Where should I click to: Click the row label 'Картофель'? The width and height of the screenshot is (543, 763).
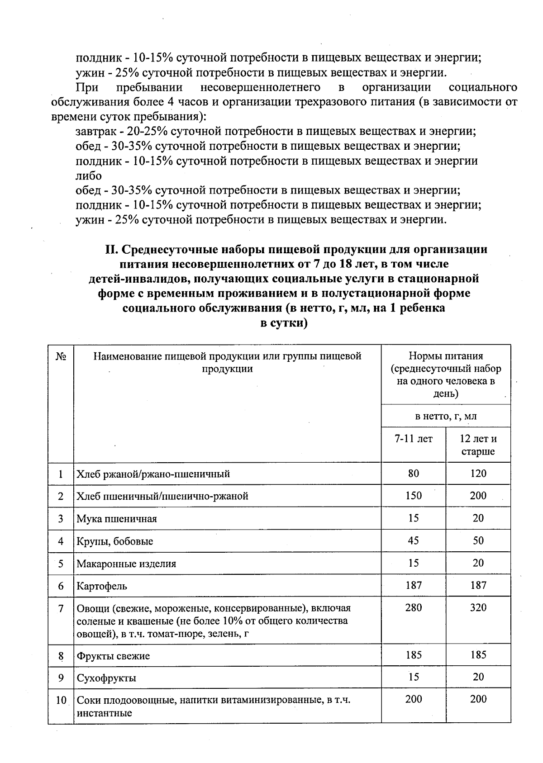102,586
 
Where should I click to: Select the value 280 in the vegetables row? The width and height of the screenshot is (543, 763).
414,607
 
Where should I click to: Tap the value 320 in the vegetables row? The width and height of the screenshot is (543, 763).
478,607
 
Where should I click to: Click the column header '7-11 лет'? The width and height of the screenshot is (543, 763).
414,439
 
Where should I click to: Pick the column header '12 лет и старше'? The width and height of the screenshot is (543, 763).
478,445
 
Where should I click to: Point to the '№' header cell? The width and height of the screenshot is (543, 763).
61,356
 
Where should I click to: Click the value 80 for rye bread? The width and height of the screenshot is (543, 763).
414,474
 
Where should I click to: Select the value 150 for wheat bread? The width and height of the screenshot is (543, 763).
414,496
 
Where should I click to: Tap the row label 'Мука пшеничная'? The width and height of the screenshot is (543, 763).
117,519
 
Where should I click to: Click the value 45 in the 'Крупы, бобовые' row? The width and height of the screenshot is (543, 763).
414,540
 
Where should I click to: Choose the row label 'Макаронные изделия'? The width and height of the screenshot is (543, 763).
126,564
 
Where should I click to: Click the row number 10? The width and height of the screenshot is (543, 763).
61,701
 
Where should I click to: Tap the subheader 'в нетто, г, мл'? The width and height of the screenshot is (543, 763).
446,416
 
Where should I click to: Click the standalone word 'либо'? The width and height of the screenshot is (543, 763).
89,175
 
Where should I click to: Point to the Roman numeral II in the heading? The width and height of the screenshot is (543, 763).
111,249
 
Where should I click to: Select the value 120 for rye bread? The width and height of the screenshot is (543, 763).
478,474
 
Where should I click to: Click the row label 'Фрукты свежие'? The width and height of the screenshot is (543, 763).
113,656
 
